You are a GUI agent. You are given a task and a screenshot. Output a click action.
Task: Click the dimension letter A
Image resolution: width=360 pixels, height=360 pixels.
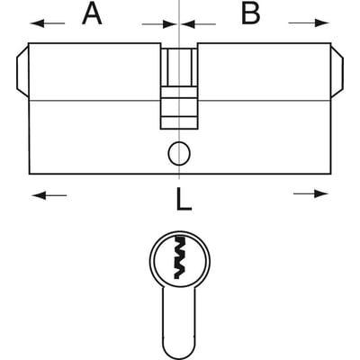[x=92, y=14]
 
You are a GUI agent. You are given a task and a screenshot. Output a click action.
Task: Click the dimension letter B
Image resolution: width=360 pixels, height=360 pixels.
[x=251, y=14]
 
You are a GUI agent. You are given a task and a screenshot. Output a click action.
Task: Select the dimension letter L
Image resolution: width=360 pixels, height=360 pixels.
[x=184, y=200]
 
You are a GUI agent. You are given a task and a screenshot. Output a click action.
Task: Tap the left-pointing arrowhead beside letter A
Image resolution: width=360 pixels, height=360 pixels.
[x=37, y=23]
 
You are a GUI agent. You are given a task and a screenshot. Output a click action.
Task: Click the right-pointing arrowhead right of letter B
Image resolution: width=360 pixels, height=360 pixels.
[x=322, y=22]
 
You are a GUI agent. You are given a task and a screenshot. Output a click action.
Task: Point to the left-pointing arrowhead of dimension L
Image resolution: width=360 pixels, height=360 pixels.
[x=40, y=196]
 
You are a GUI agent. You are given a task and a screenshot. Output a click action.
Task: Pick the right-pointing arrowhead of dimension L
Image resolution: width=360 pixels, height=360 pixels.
[x=321, y=193]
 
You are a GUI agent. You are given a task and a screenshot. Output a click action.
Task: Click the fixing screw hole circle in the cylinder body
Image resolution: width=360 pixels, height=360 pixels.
[x=179, y=153]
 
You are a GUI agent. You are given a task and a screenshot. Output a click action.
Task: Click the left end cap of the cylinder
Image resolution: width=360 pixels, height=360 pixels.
[x=22, y=72]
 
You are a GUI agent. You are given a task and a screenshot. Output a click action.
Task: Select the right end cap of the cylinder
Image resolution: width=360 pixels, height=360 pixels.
[x=337, y=72]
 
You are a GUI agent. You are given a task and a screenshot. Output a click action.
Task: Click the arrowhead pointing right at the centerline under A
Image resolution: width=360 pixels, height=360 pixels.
[x=169, y=24]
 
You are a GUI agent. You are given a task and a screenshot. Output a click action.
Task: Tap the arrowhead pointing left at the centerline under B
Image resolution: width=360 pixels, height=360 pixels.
[x=189, y=24]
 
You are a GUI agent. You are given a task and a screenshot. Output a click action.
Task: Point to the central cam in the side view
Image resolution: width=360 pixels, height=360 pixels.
[x=179, y=88]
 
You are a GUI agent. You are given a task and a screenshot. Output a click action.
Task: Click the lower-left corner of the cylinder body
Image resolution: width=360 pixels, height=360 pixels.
[x=30, y=174]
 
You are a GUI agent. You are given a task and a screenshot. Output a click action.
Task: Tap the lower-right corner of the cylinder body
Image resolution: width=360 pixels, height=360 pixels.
[x=331, y=174]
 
